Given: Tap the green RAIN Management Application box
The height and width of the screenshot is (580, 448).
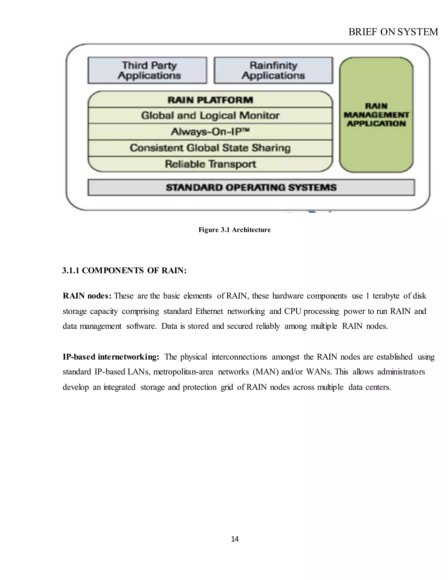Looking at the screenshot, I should (376, 115).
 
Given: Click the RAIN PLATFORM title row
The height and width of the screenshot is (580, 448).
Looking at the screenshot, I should (210, 100).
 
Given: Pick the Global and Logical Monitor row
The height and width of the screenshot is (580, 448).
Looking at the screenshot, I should (210, 116).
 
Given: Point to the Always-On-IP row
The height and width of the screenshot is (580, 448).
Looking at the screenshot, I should (210, 132).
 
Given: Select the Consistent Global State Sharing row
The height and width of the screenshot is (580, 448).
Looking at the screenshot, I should (210, 148).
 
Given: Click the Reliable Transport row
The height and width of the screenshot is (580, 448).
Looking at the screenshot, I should (210, 164).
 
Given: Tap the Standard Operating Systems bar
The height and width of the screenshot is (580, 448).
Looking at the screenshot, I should (251, 188).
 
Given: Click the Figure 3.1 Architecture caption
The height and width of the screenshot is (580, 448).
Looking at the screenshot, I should (235, 230).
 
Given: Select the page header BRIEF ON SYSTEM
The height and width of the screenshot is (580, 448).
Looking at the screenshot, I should (393, 32).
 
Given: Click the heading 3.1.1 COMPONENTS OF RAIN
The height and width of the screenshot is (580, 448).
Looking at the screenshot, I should (124, 271).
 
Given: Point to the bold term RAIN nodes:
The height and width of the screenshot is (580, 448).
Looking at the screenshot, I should (87, 296).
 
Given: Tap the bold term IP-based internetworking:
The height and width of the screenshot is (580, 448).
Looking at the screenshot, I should (111, 357).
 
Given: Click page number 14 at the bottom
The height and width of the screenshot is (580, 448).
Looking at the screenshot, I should (235, 539).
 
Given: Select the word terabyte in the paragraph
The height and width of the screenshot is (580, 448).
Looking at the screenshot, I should (387, 296).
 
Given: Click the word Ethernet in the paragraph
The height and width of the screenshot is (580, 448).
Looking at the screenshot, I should (209, 311).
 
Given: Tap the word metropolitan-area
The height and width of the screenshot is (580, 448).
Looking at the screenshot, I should (183, 372).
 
